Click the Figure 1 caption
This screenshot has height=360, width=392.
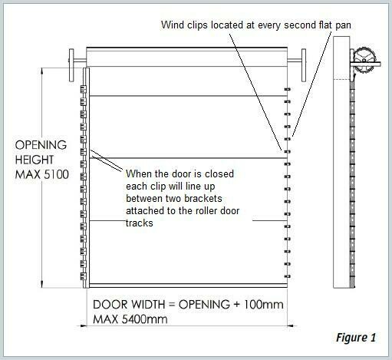tap(356, 338)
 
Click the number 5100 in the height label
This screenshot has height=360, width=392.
tap(57, 175)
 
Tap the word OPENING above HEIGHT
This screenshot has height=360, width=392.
tap(41, 145)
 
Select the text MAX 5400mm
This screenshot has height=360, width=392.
tap(130, 319)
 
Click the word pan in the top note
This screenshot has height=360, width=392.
tap(343, 26)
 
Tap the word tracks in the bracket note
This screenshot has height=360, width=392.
tap(140, 223)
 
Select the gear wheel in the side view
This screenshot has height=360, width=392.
tap(364, 61)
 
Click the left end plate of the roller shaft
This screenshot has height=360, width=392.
tap(71, 65)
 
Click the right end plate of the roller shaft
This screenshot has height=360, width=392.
tap(304, 65)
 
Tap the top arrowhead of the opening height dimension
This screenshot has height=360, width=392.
tap(42, 71)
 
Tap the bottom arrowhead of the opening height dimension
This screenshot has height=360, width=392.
tap(42, 284)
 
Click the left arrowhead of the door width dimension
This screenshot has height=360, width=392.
tap(83, 325)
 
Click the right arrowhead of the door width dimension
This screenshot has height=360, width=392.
tap(291, 325)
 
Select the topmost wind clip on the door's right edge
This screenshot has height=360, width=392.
tap(288, 89)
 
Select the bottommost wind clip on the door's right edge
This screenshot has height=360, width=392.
tap(288, 276)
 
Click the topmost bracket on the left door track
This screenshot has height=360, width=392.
tap(83, 89)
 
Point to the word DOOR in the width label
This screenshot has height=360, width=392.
tap(110, 305)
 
